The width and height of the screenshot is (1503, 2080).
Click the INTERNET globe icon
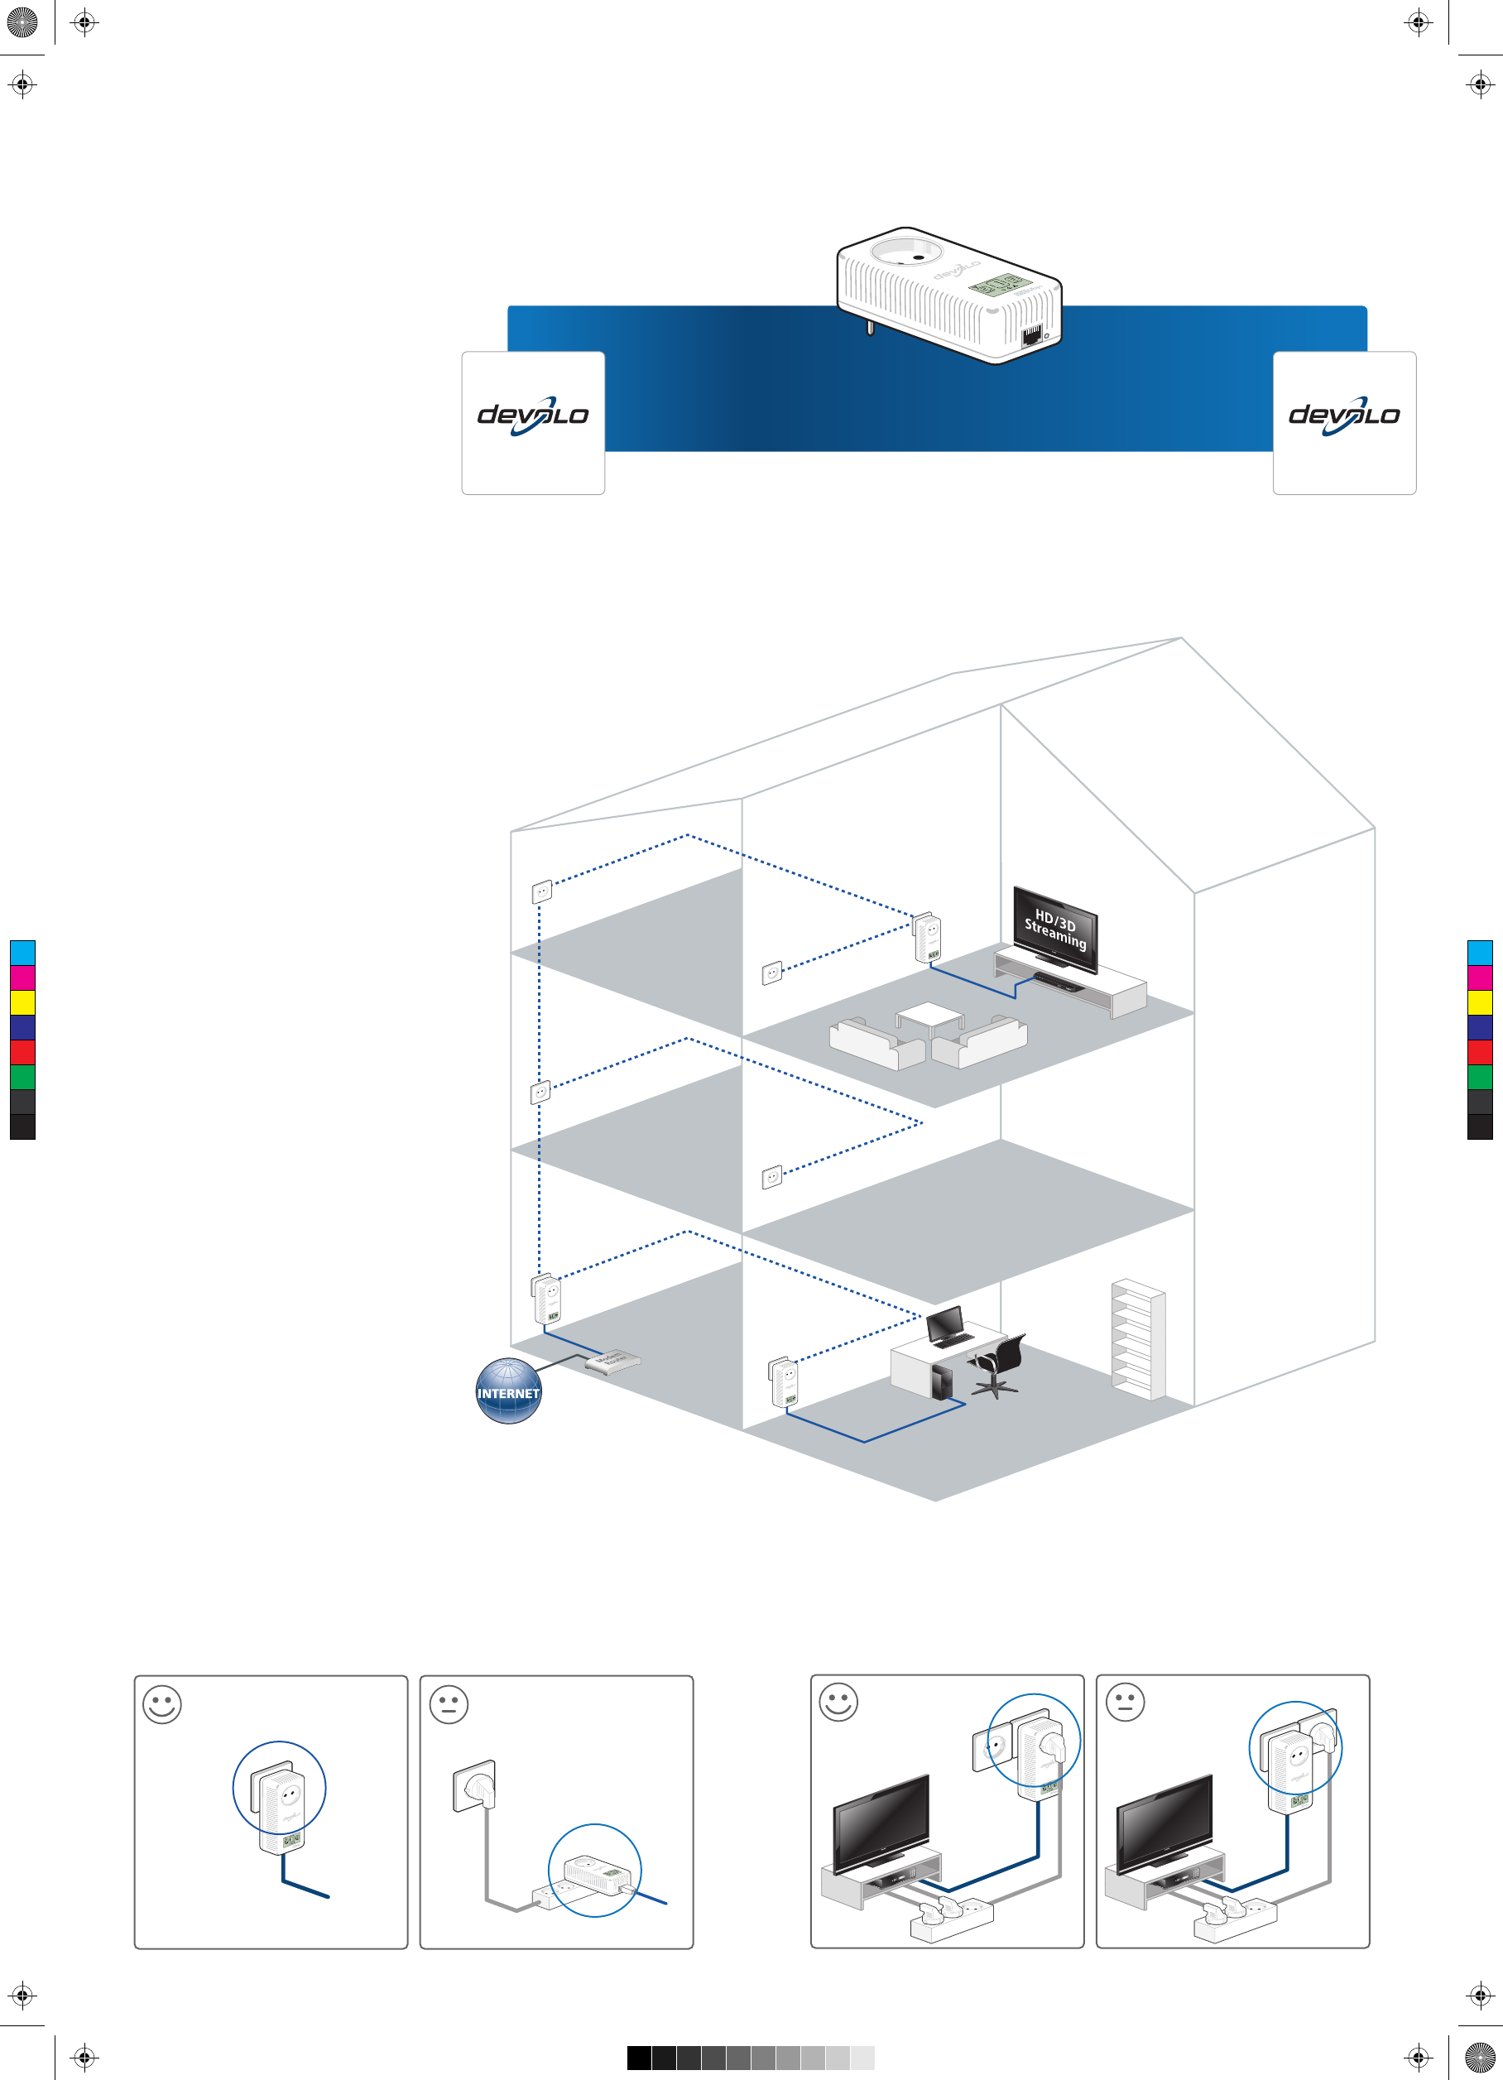coord(508,1391)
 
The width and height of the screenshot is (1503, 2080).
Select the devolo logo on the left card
coord(533,416)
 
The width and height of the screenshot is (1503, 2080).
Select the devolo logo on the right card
coord(1343,416)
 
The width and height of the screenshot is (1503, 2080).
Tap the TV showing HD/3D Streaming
coord(1054,928)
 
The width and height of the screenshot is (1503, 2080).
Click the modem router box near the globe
coord(612,1361)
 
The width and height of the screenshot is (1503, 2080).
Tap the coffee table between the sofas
coord(930,1018)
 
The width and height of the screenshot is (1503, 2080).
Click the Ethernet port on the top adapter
coord(1031,333)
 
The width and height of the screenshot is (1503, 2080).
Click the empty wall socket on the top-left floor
coord(542,891)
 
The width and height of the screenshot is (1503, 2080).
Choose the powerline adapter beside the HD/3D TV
coord(927,937)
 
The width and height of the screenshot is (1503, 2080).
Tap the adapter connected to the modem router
coord(547,1299)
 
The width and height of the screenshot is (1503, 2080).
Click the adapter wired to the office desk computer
coord(785,1383)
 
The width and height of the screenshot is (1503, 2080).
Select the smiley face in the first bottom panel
coord(162,1704)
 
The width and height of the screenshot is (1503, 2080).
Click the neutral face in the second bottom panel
coord(449,1704)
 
